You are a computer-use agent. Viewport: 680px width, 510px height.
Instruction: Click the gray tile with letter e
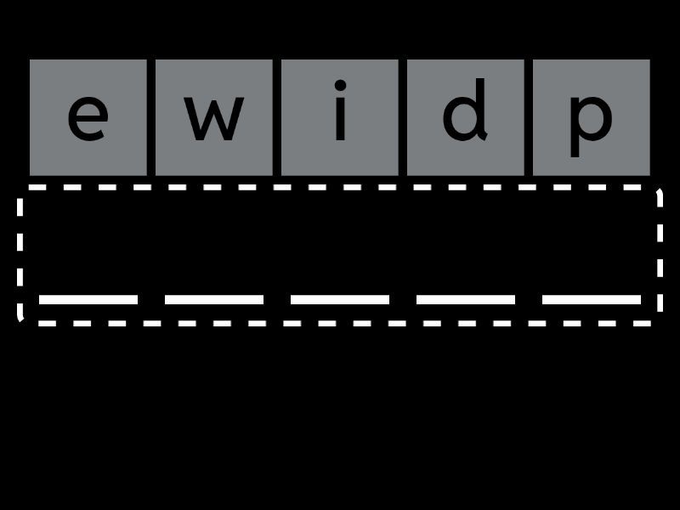[x=88, y=117]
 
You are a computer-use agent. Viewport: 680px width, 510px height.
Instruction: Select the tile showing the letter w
[x=214, y=117]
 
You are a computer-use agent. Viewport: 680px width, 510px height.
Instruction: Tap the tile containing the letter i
[x=339, y=117]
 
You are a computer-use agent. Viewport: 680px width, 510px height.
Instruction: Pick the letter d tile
[x=465, y=117]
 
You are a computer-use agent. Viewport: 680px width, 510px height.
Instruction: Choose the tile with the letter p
[x=591, y=117]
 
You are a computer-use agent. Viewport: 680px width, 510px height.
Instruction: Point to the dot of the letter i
[x=341, y=85]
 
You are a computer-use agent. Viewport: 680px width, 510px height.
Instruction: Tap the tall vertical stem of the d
[x=479, y=110]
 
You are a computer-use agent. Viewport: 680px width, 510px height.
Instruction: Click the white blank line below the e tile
[x=88, y=299]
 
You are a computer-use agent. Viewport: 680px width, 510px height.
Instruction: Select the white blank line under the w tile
[x=214, y=299]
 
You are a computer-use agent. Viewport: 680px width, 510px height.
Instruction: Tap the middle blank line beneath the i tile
[x=339, y=299]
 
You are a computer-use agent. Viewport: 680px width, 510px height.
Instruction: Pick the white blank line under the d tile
[x=465, y=299]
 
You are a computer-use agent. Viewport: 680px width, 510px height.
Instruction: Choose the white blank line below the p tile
[x=591, y=299]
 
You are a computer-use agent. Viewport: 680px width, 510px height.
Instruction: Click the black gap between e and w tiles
[x=151, y=117]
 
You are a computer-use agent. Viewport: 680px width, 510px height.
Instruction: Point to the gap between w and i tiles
[x=277, y=117]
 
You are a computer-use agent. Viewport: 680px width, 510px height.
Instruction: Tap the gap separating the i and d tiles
[x=402, y=117]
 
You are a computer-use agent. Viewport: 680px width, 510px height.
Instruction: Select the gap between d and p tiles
[x=528, y=117]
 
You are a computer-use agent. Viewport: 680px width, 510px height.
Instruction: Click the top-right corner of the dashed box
[x=660, y=189]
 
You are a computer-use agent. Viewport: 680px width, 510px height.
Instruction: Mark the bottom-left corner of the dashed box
[x=20, y=320]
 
